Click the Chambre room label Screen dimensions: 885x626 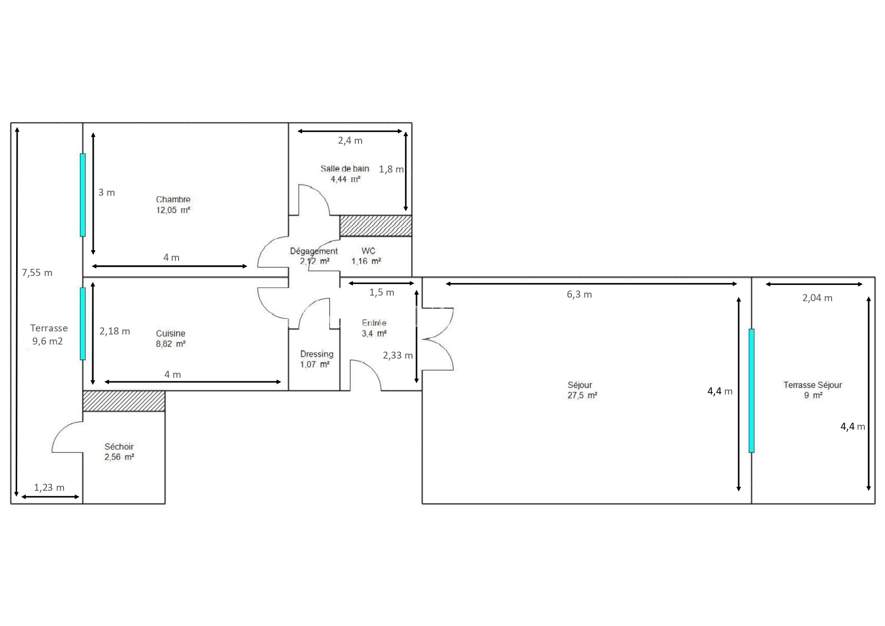point(173,199)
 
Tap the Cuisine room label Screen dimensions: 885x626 point(170,333)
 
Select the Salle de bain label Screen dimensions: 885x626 point(345,168)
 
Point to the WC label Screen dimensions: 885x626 point(369,251)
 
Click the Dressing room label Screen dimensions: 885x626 point(317,354)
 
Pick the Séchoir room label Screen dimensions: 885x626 point(119,446)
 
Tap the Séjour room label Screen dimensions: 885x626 point(580,385)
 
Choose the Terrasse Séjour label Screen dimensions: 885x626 point(813,385)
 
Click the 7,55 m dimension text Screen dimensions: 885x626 point(37,273)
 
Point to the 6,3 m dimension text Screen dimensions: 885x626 point(579,295)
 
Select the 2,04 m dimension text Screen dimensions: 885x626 point(817,298)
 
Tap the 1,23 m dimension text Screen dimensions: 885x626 point(49,488)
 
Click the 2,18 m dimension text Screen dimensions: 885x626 point(114,331)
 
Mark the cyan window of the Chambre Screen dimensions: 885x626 point(83,195)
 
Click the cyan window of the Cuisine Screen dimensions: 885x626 point(83,324)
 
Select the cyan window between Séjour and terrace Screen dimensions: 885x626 point(751,390)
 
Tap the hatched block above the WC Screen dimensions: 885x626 point(376,226)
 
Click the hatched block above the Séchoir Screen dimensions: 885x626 point(124,401)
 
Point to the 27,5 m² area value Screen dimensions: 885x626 point(582,395)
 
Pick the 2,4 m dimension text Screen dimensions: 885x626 point(350,141)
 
